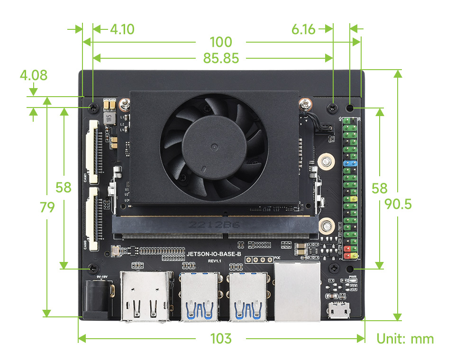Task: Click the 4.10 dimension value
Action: [122, 29]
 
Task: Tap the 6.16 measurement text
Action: [304, 29]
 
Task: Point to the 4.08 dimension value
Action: [33, 75]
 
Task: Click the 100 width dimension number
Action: [221, 42]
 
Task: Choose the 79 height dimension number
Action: [47, 207]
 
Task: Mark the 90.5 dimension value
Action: [399, 204]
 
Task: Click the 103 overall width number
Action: [221, 339]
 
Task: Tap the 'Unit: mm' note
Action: [405, 339]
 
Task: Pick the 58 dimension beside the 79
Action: [64, 187]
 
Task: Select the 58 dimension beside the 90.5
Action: [380, 189]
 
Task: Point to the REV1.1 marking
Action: [215, 261]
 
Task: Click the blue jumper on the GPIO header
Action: [349, 163]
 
